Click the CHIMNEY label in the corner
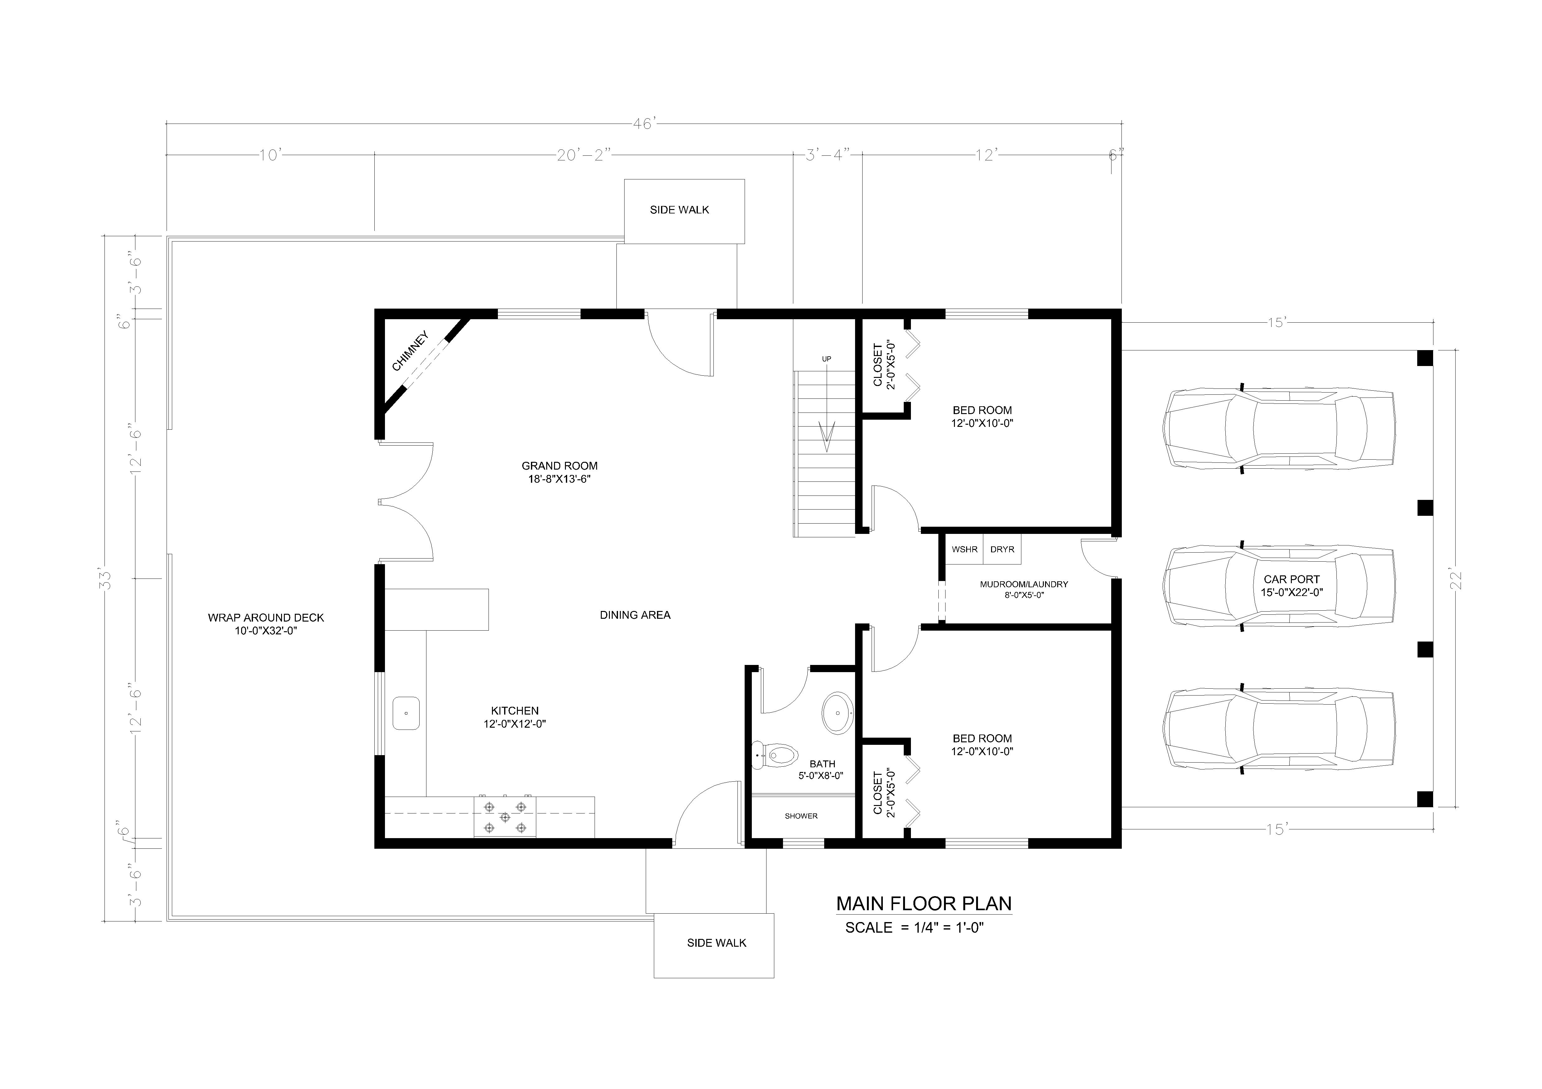click(410, 351)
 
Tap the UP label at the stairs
click(826, 359)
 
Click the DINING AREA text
click(635, 615)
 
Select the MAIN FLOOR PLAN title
click(923, 904)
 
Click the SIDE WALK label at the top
click(679, 210)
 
